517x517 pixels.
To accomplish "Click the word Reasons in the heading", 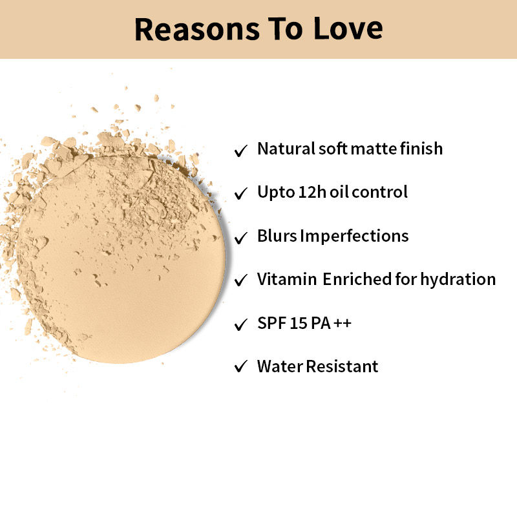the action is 197,29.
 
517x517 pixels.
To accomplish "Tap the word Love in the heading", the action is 348,29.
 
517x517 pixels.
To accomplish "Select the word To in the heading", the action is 286,29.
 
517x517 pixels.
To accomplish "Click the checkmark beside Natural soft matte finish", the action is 241,151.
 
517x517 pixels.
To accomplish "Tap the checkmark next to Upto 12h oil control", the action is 241,193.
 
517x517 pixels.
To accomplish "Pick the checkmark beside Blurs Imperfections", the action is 241,238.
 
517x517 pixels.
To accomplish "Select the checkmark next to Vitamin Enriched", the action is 241,280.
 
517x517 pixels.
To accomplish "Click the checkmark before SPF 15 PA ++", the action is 241,324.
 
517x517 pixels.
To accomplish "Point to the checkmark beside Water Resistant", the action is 241,366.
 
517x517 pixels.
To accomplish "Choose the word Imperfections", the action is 354,236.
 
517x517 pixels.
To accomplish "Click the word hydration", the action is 458,280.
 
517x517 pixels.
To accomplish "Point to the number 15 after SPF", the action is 299,323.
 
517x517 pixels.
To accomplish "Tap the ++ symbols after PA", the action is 343,323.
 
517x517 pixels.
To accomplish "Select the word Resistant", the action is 343,366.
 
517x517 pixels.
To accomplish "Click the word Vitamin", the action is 287,279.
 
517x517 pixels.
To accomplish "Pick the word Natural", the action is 286,149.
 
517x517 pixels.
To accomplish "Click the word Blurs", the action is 277,236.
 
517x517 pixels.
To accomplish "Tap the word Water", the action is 280,366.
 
